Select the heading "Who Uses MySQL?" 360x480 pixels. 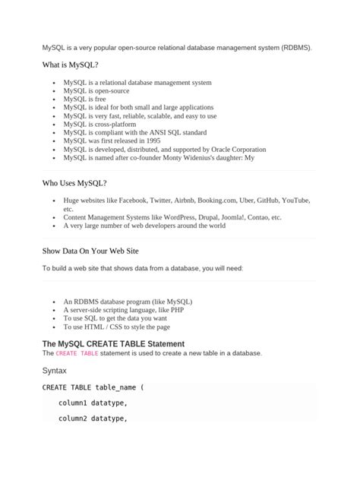point(74,183)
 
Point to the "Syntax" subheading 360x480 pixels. point(54,371)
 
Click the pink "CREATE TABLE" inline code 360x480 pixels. point(77,353)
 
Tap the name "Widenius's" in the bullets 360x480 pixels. point(197,158)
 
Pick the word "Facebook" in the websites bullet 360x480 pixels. point(132,201)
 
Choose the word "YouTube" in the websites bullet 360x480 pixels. point(295,201)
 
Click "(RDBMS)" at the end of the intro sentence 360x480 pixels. point(295,47)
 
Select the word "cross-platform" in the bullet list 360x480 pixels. point(113,125)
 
